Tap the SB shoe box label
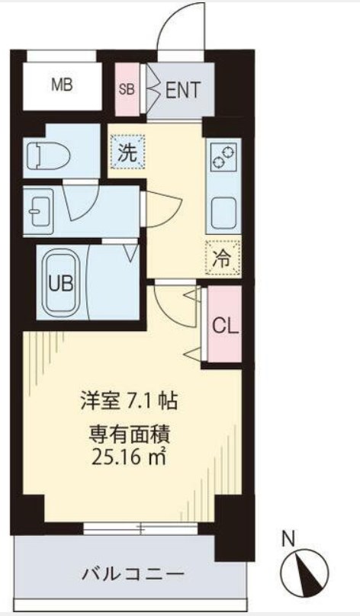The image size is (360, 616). pyautogui.click(x=127, y=89)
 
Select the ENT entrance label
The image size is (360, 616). pyautogui.click(x=183, y=90)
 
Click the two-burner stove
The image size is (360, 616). pyautogui.click(x=223, y=156)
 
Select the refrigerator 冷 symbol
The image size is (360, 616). pyautogui.click(x=223, y=256)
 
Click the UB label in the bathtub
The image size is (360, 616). pyautogui.click(x=61, y=284)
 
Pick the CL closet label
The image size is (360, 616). pyautogui.click(x=225, y=326)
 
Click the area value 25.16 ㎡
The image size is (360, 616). pyautogui.click(x=130, y=458)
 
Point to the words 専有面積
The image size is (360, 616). pyautogui.click(x=130, y=437)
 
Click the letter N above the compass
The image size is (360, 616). pyautogui.click(x=288, y=539)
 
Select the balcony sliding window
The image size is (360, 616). pyautogui.click(x=141, y=528)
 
